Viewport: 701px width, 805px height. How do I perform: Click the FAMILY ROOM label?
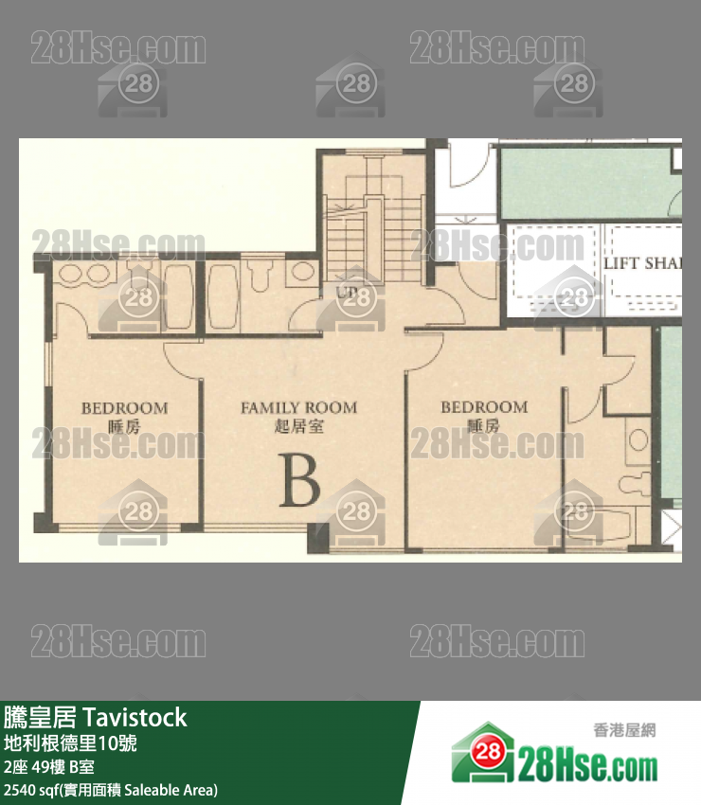(x=298, y=408)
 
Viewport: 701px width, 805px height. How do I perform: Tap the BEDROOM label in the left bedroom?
(x=124, y=408)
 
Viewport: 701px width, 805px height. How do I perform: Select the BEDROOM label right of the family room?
(x=483, y=407)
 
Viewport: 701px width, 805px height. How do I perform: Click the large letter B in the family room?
(x=299, y=480)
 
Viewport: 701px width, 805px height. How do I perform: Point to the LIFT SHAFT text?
(x=641, y=263)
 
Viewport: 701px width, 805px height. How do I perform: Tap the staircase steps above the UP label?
(x=364, y=227)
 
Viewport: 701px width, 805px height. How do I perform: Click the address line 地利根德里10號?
(x=71, y=743)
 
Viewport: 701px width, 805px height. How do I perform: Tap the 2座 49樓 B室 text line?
(x=48, y=766)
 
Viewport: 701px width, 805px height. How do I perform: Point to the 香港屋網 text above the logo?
(x=624, y=730)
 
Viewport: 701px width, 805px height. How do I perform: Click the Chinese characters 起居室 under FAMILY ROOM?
(x=298, y=427)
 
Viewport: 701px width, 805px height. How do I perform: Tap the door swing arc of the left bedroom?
(x=180, y=357)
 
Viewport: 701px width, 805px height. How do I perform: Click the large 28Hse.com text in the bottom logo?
(x=587, y=763)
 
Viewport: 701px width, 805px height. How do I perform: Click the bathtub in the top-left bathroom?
(x=178, y=295)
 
